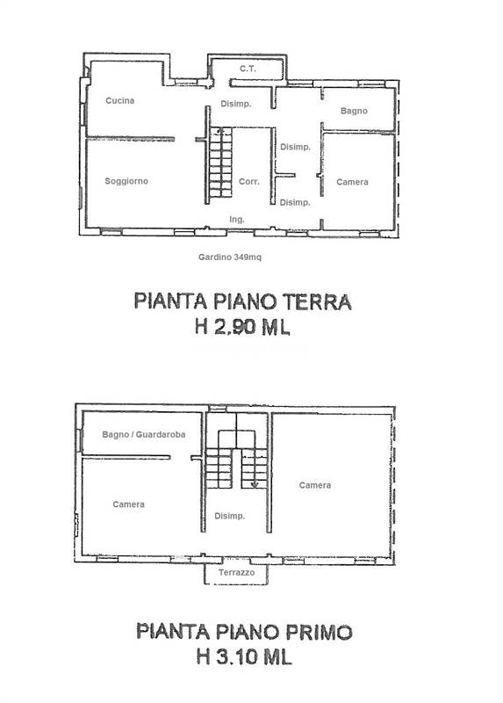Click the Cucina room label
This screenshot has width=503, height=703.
click(x=119, y=100)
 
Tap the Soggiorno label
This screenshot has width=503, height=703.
click(x=126, y=181)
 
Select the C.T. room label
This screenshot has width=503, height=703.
click(x=248, y=69)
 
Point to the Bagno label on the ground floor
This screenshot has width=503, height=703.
click(x=354, y=111)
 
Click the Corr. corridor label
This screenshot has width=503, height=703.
click(x=249, y=182)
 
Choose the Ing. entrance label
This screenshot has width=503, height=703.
click(x=237, y=219)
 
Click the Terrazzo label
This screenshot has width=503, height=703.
click(x=236, y=573)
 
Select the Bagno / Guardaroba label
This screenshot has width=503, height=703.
click(x=143, y=434)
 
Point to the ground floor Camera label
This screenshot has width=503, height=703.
click(x=352, y=182)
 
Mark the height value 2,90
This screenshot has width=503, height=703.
click(x=234, y=327)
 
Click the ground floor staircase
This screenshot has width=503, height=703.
click(x=220, y=163)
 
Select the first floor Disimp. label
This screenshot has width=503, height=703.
click(x=229, y=516)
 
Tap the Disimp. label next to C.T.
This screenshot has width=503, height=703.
click(x=235, y=104)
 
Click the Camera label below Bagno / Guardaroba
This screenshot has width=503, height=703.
click(x=128, y=504)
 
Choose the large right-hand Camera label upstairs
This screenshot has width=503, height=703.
click(x=315, y=485)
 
